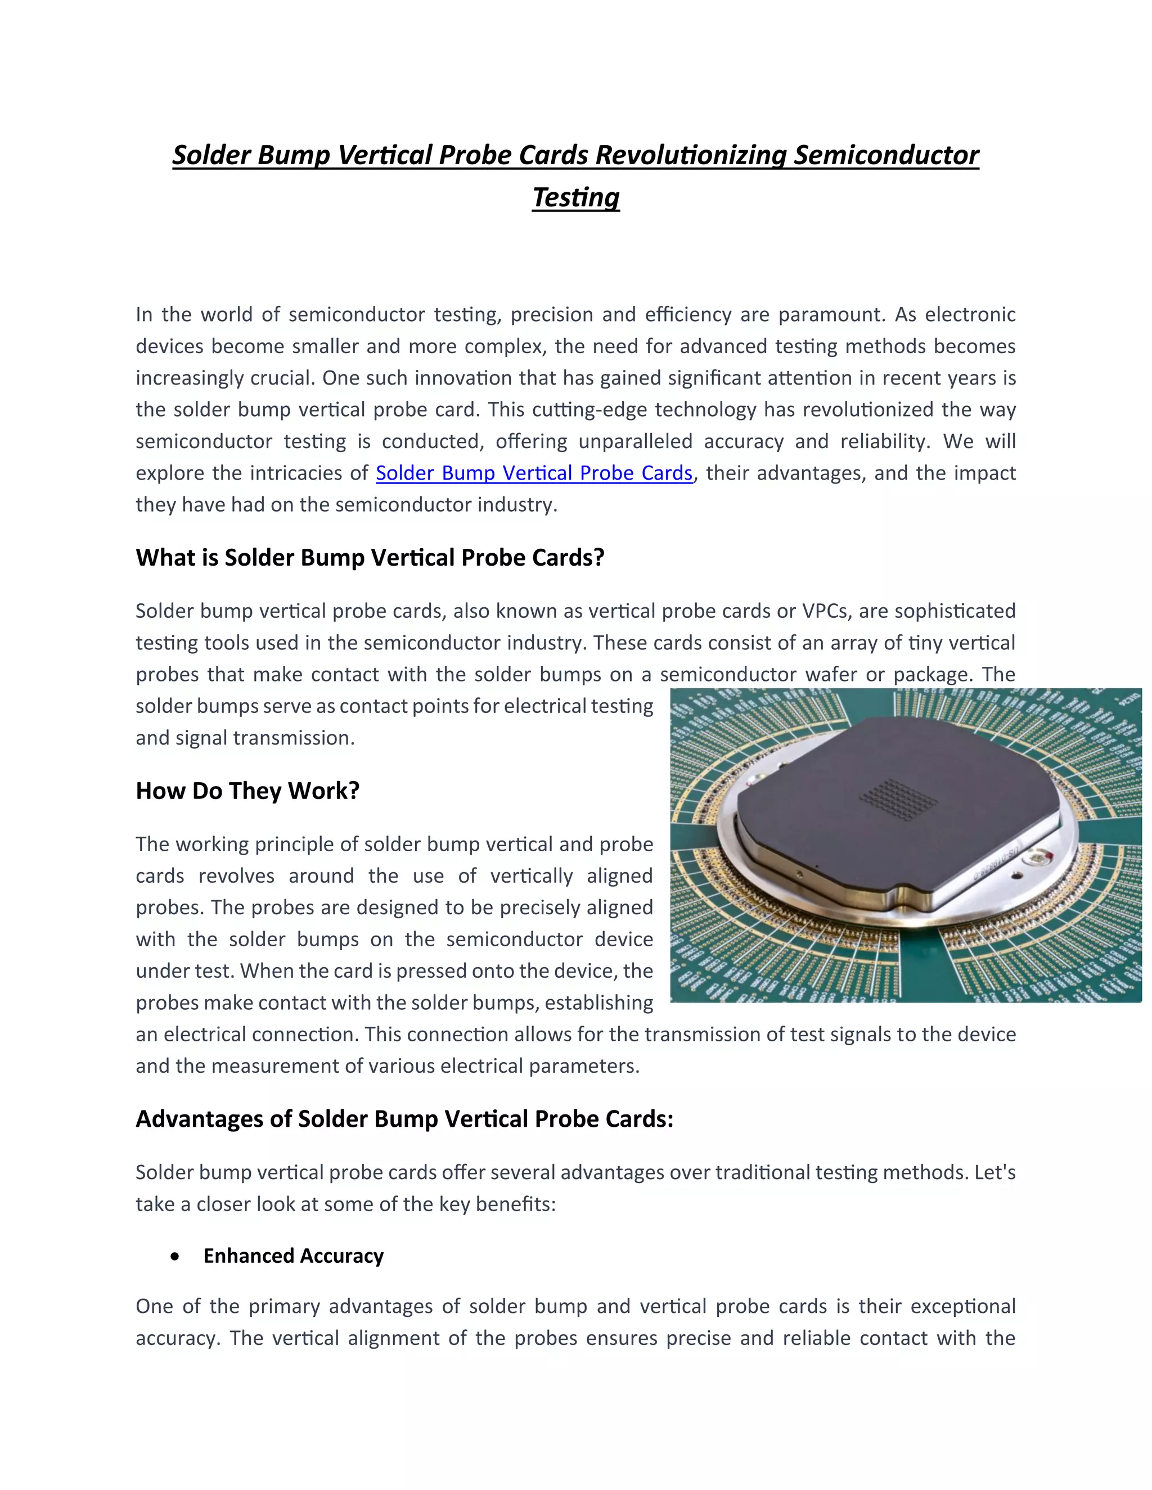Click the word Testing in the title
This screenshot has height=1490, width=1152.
tap(575, 198)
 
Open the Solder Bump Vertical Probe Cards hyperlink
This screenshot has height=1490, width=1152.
tap(534, 473)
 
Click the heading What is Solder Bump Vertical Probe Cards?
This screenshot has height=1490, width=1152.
tap(370, 557)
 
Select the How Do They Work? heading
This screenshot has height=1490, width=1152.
tap(247, 791)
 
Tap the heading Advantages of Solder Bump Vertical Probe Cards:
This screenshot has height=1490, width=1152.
tap(404, 1119)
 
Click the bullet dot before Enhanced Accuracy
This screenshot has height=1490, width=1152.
tap(176, 1256)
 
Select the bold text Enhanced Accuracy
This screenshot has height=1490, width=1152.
tap(294, 1256)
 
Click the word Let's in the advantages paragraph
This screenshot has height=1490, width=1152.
tap(995, 1172)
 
